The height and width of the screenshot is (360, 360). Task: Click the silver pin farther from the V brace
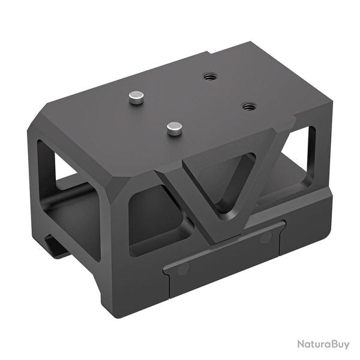tap(137, 97)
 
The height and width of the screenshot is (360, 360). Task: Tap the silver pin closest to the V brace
tap(175, 127)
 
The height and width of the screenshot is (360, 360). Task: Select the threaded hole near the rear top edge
tap(209, 77)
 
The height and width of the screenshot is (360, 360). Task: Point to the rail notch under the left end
tap(57, 246)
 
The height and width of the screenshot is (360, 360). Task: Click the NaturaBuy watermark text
tap(323, 344)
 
